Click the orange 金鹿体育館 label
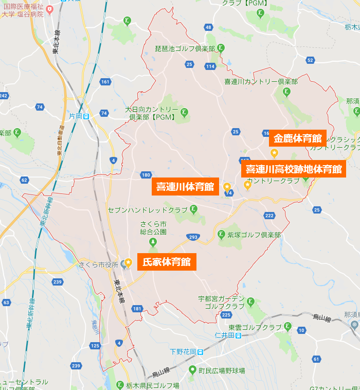click(x=298, y=138)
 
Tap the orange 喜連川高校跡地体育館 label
click(x=293, y=169)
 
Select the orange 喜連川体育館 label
click(x=185, y=187)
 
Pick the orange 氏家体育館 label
click(x=167, y=262)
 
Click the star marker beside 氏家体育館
click(x=129, y=262)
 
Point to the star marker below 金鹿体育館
click(x=274, y=152)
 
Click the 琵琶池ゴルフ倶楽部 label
click(x=185, y=48)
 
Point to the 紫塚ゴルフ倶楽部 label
click(x=254, y=235)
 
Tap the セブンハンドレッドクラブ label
click(x=148, y=210)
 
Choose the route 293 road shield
click(x=193, y=237)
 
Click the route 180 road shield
click(x=146, y=175)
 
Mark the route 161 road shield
click(x=105, y=82)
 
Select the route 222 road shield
click(x=269, y=216)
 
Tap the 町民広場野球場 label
click(x=223, y=370)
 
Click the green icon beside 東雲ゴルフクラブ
click(x=287, y=326)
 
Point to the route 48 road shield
click(x=208, y=27)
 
